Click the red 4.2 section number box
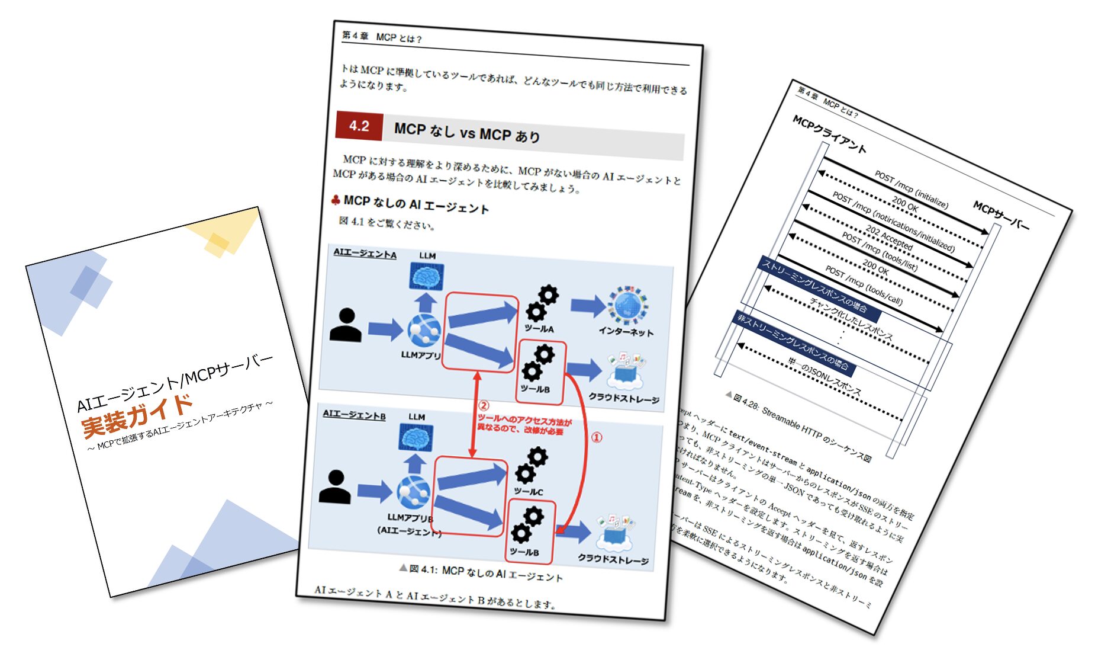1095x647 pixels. tap(359, 126)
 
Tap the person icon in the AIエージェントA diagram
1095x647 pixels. tap(346, 325)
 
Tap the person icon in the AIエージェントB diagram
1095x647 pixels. tap(334, 487)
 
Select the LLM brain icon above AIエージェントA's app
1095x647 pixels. tap(427, 277)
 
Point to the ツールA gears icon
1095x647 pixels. tap(542, 303)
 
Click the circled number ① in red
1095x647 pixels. tap(597, 437)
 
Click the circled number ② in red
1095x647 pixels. tap(484, 406)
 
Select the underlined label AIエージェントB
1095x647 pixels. tap(354, 415)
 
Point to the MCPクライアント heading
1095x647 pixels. tap(829, 134)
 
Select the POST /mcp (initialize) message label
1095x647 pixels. tap(912, 190)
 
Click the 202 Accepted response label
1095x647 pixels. tap(889, 237)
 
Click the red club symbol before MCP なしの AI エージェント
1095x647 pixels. tap(336, 200)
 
